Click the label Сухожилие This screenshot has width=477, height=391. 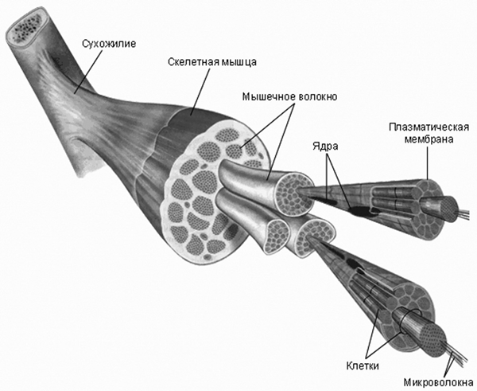109,44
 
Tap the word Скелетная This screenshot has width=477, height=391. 193,62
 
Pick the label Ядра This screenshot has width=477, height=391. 325,147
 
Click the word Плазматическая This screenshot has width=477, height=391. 429,127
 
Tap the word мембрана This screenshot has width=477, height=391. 429,139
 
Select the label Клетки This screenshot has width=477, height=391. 363,366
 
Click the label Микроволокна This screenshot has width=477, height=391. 438,382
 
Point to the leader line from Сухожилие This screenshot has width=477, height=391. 89,71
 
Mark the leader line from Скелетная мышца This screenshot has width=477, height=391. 200,92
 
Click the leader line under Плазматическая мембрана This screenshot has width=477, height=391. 427,162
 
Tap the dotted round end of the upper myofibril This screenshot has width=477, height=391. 448,209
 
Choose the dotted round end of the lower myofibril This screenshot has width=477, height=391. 433,339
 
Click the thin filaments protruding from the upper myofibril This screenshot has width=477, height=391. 465,213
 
